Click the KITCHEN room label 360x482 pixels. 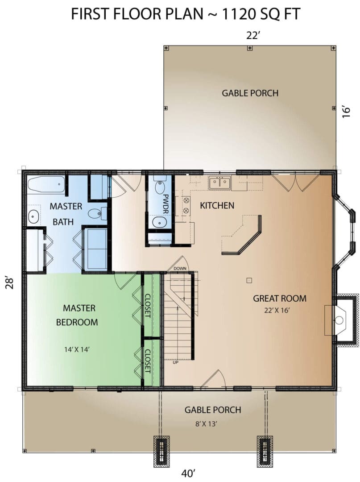pyautogui.click(x=217, y=205)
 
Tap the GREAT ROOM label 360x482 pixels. pyautogui.click(x=280, y=298)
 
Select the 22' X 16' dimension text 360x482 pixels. pyautogui.click(x=277, y=310)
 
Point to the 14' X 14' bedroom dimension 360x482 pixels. pyautogui.click(x=77, y=349)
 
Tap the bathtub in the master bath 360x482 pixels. pyautogui.click(x=46, y=185)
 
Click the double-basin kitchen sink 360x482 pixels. pyautogui.click(x=220, y=183)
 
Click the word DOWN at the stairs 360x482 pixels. pyautogui.click(x=180, y=268)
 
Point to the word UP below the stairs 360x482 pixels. pyautogui.click(x=176, y=362)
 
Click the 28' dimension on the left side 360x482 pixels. pyautogui.click(x=10, y=283)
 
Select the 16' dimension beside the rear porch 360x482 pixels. pyautogui.click(x=346, y=112)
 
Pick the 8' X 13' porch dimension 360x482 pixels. pyautogui.click(x=206, y=424)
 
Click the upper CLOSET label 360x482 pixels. pyautogui.click(x=148, y=306)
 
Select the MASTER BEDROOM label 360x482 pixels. pyautogui.click(x=77, y=315)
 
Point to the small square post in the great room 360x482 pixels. pyautogui.click(x=249, y=280)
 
